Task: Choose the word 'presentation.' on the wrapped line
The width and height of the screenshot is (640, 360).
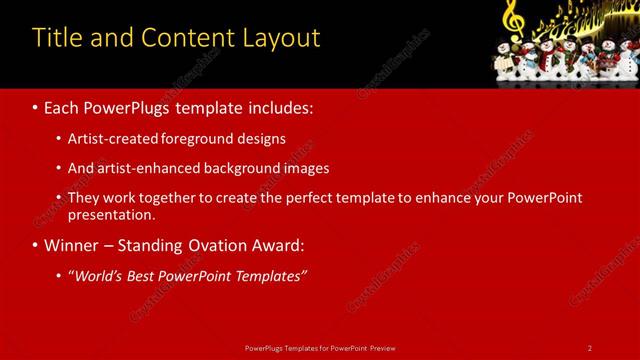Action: [x=111, y=214]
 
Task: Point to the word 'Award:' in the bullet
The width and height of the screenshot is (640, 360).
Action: [x=280, y=246]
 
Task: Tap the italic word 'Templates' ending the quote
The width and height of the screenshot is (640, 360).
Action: [x=268, y=276]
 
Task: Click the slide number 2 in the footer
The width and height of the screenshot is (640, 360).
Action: [x=590, y=347]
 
